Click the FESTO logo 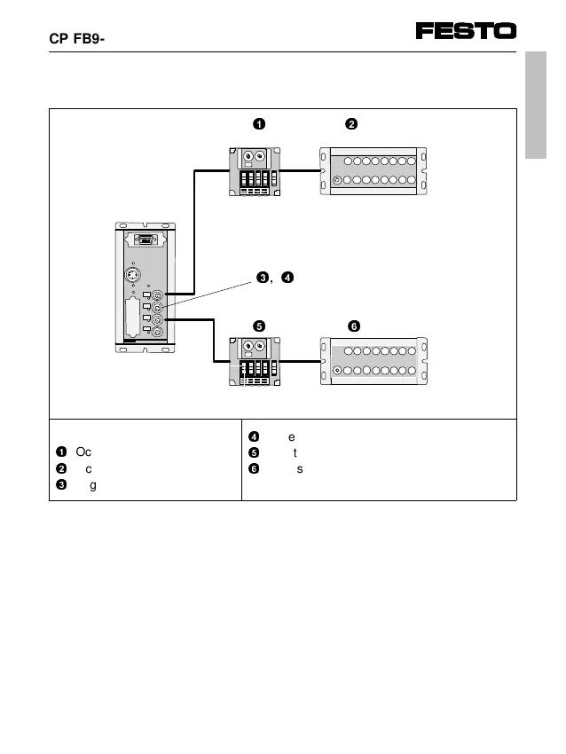[x=466, y=31]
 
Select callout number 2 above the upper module [x=351, y=123]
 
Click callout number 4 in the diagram [x=287, y=279]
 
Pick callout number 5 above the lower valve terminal [x=258, y=326]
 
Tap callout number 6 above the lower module [x=354, y=326]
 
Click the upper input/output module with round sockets [x=373, y=170]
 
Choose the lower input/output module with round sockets [x=373, y=361]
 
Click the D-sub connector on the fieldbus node [x=144, y=240]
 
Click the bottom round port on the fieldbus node [x=158, y=332]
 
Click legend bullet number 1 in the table [x=60, y=452]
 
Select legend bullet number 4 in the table [x=253, y=436]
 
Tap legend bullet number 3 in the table [x=60, y=483]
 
